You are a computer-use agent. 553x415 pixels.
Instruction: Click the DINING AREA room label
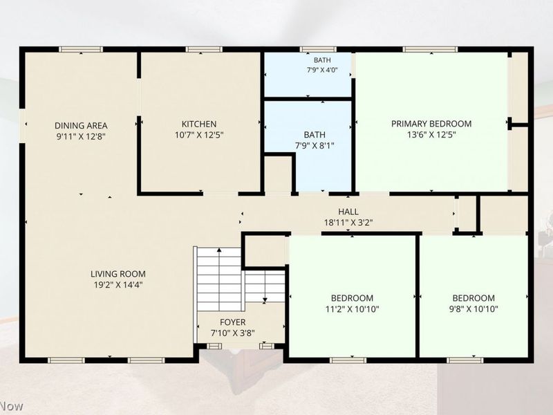click(81, 126)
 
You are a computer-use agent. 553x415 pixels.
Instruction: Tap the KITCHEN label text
click(199, 124)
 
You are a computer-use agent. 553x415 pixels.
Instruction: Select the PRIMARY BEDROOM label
click(431, 124)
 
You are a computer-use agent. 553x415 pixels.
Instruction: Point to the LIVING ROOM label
click(118, 274)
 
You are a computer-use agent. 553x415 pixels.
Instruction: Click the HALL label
click(348, 212)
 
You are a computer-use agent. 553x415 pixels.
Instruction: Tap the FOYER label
click(233, 322)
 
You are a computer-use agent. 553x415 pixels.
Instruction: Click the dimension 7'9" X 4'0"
click(322, 70)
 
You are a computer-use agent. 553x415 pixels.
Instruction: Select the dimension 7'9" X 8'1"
click(315, 145)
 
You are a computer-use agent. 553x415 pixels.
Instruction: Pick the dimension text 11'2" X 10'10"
click(352, 309)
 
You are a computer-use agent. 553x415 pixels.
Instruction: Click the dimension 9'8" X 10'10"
click(474, 309)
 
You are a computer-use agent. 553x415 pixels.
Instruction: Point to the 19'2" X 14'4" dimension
click(118, 285)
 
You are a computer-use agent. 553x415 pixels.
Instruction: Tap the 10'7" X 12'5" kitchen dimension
click(199, 135)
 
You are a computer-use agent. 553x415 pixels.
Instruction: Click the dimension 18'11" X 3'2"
click(348, 223)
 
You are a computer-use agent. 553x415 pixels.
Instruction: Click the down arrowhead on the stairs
click(265, 301)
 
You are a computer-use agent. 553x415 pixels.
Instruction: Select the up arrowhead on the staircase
click(219, 250)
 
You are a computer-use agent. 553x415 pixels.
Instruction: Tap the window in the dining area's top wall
click(81, 49)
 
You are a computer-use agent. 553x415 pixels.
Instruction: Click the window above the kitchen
click(204, 49)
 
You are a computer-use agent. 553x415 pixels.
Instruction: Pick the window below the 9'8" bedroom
click(465, 360)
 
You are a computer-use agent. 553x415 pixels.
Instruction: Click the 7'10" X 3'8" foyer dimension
click(233, 333)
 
